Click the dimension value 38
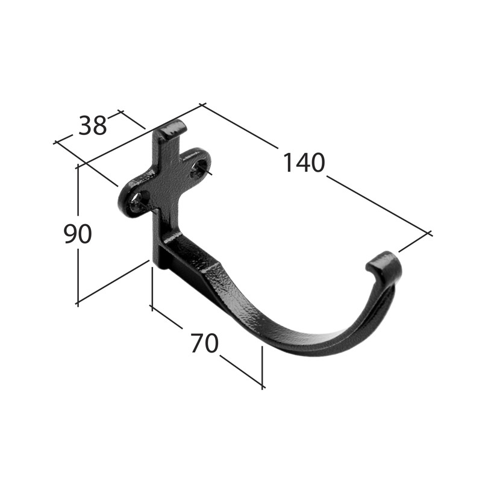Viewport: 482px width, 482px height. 93,126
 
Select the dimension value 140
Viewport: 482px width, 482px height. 304,163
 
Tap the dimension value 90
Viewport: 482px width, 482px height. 78,234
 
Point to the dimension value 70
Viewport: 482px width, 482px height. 204,343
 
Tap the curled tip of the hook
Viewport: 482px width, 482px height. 383,263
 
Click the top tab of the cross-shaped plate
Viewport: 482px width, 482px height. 171,130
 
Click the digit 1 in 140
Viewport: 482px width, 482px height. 289,163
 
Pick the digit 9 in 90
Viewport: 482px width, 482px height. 70,234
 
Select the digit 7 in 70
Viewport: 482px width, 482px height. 196,343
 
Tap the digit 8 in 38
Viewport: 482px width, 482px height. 100,126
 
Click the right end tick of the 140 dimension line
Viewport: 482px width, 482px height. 429,233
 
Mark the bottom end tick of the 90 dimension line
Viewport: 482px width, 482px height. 78,303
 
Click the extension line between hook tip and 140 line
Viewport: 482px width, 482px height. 413,242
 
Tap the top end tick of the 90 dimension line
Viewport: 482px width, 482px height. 78,166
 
